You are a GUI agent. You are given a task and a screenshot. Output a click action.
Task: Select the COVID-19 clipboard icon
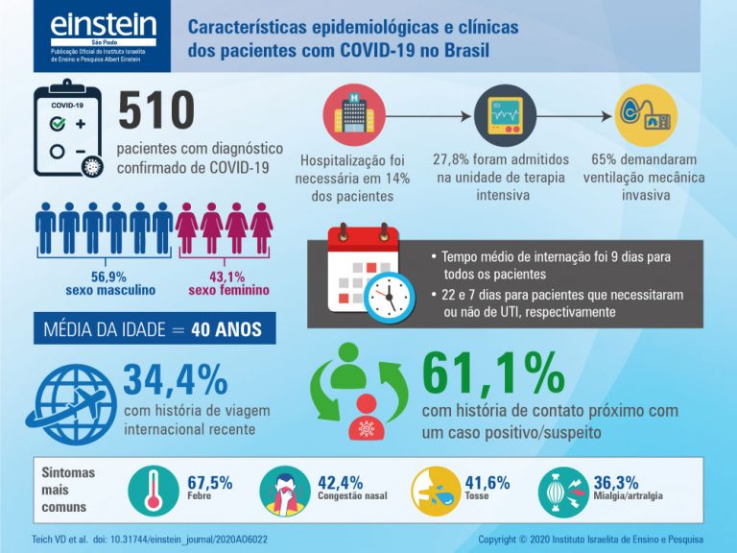[67, 131]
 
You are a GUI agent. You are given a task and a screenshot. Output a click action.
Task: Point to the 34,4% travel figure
[174, 378]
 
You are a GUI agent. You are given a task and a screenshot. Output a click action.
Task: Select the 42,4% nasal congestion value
[339, 483]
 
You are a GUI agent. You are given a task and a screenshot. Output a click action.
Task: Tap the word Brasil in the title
[464, 49]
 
